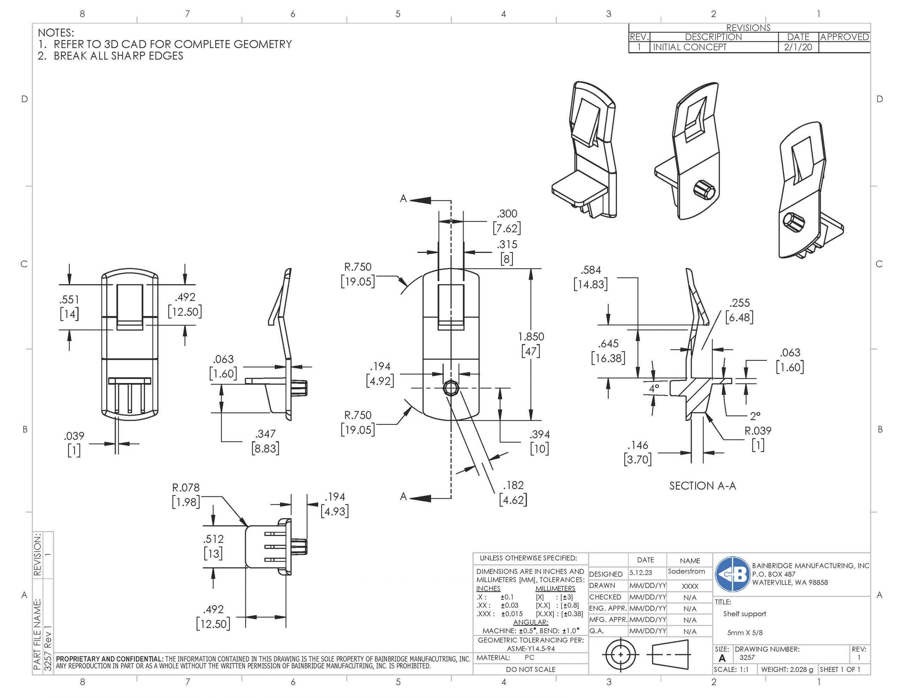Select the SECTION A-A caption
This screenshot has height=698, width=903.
(703, 486)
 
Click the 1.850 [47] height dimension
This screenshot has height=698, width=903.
(531, 344)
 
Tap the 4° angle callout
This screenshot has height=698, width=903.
(654, 388)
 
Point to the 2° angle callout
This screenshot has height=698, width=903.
(755, 416)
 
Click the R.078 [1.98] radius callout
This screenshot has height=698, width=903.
(186, 495)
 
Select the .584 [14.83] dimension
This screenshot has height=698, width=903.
(590, 278)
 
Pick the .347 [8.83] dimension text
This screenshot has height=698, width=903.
(266, 441)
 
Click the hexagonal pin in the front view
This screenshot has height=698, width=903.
(450, 388)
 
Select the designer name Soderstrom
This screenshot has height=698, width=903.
(686, 571)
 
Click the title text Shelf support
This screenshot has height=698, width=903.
(744, 614)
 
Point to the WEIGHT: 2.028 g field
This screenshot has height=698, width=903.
(787, 669)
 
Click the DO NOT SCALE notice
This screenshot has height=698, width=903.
(531, 669)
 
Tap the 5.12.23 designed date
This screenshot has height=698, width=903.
(641, 573)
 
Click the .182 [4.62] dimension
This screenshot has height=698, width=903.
(513, 492)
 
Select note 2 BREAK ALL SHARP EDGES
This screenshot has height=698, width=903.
(110, 56)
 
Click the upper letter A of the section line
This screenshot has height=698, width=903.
(404, 199)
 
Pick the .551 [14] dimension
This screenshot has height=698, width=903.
(69, 307)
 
